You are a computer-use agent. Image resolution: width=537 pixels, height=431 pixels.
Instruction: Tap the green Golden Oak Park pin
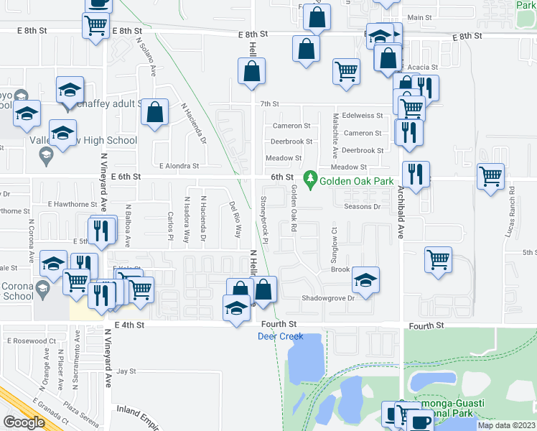pos(310,177)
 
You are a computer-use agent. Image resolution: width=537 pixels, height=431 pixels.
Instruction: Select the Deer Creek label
pos(277,335)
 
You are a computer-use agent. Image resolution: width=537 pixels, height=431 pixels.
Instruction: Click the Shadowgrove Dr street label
pos(328,297)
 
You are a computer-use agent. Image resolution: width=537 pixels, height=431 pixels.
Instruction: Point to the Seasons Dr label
pos(362,207)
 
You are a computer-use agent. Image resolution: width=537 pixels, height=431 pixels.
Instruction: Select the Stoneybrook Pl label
pos(263,215)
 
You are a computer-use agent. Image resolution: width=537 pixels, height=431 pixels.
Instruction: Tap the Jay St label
pos(126,371)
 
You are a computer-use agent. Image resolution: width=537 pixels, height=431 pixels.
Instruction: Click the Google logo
pos(24,422)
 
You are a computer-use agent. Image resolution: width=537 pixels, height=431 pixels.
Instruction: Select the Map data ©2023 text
pos(506,425)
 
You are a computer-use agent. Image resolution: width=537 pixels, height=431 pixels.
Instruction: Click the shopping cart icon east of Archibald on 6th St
pos(491,175)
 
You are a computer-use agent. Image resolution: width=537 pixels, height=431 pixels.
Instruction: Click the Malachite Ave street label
pos(335,135)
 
